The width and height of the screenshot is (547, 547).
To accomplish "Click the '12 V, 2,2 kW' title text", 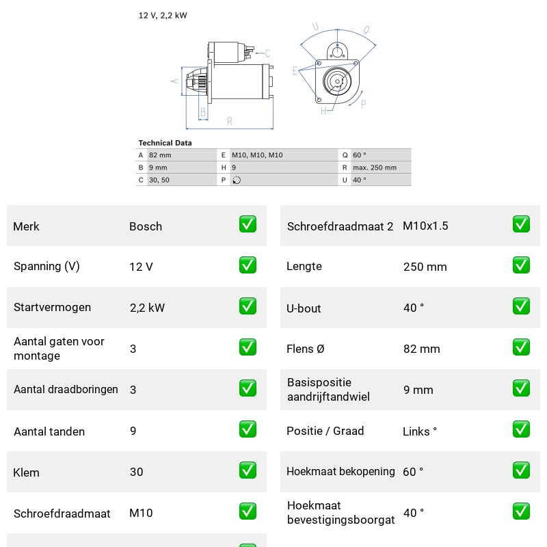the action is click(163, 15).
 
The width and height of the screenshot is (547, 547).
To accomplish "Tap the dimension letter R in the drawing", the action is click(229, 121).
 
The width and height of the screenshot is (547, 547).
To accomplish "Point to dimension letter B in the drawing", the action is click(203, 112).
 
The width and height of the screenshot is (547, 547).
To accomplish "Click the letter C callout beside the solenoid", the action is click(267, 53).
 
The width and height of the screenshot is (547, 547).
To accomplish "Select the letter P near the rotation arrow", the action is click(363, 104).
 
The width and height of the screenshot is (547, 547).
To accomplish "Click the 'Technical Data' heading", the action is click(165, 143).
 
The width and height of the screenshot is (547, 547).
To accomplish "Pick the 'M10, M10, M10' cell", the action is click(257, 155).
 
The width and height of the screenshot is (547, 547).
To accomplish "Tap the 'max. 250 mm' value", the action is click(375, 168).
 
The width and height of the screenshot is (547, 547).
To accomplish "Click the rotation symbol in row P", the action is click(237, 180).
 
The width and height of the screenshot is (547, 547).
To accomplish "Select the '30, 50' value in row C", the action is click(159, 180).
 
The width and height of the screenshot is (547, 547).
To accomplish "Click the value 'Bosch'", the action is click(146, 226).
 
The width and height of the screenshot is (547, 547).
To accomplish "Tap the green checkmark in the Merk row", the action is click(248, 224).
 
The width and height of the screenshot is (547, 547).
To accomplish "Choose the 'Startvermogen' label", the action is click(53, 307).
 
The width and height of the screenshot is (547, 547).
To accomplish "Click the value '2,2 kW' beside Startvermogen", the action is click(147, 308).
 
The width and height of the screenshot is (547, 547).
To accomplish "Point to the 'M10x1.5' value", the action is click(425, 226).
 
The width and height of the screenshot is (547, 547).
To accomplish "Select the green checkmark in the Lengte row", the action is click(521, 265).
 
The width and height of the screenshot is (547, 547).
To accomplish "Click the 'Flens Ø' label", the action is click(305, 349).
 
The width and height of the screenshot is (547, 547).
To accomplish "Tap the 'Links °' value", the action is click(420, 431).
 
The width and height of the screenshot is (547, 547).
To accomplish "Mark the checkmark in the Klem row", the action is click(248, 470).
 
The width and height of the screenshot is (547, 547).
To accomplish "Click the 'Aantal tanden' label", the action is click(49, 431).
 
